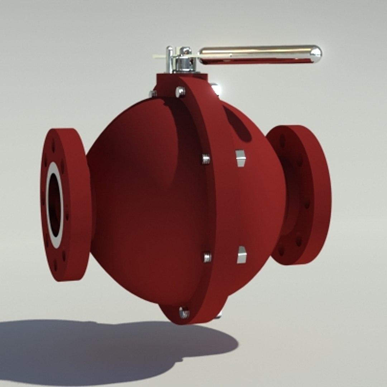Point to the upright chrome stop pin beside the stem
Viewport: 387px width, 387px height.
(x=168, y=59)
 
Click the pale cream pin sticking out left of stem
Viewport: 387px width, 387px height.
(x=158, y=56)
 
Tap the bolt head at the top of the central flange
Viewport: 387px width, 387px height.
(x=181, y=92)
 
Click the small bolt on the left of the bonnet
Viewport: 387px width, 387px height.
(x=153, y=94)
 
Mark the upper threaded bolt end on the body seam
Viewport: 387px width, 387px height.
(x=206, y=158)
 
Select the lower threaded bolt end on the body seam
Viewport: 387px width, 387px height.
(x=207, y=257)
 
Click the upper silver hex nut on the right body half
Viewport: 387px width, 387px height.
(x=240, y=158)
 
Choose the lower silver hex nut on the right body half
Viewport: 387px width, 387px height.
(x=242, y=255)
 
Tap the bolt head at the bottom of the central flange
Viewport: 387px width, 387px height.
(x=184, y=312)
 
